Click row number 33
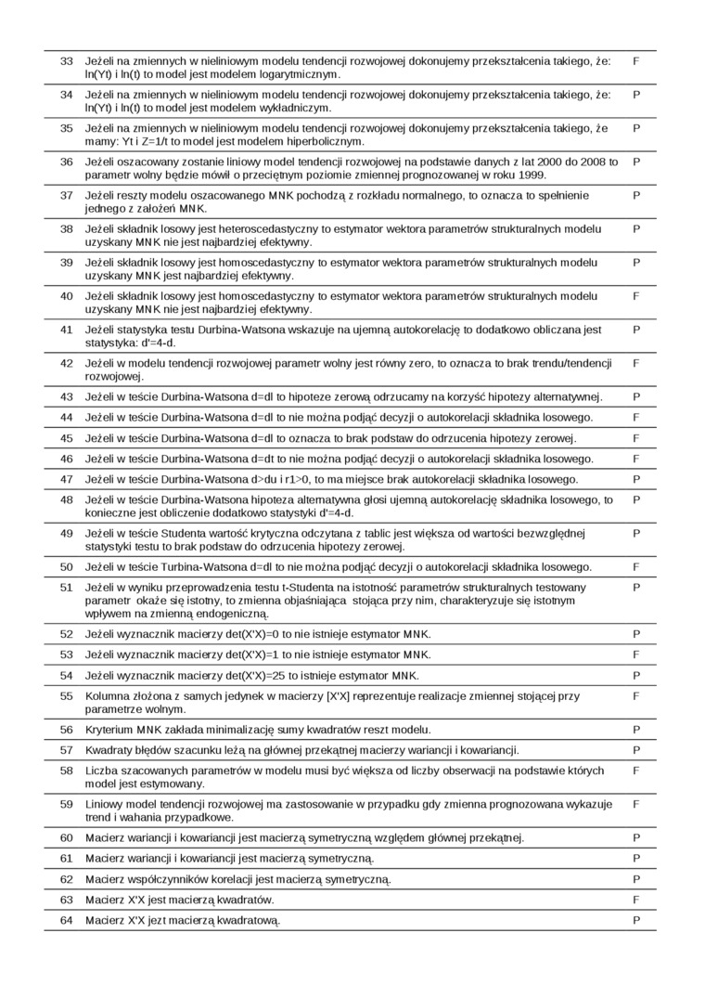67,61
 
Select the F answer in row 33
636,61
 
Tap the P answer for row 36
636,162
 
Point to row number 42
67,364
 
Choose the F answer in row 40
636,296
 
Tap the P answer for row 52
636,634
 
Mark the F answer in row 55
636,695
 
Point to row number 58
67,771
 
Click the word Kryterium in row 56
111,730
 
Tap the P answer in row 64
636,920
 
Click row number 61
67,859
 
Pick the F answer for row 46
636,459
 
